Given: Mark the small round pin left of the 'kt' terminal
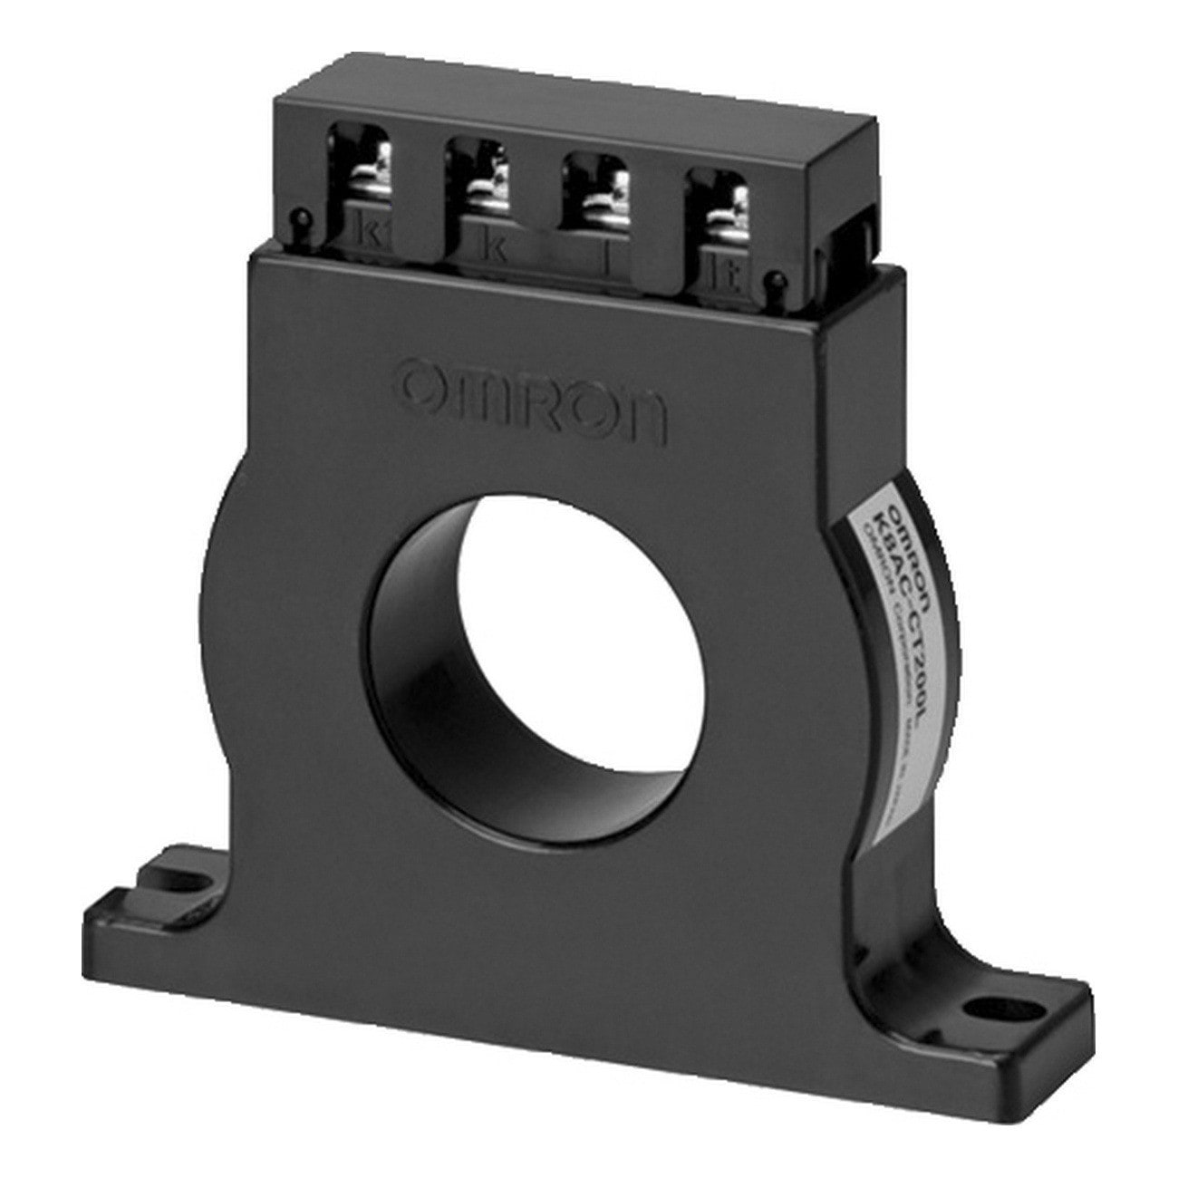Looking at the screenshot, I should coord(299,217).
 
